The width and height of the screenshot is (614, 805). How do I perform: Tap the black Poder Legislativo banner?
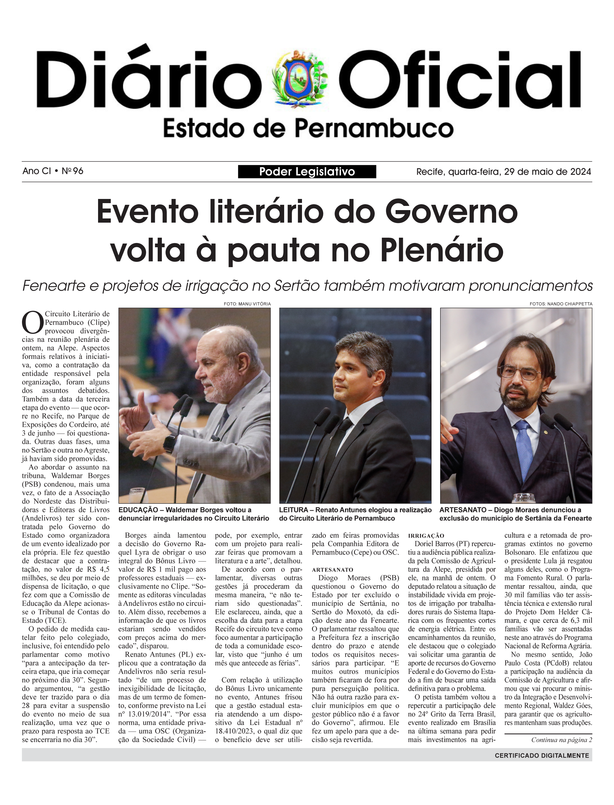point(307,171)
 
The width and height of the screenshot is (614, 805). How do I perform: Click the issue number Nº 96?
point(72,171)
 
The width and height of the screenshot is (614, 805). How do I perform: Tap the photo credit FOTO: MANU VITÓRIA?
point(247,304)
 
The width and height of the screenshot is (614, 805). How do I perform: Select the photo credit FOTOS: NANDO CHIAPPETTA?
point(561,304)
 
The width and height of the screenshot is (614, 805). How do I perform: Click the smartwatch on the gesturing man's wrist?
point(169,443)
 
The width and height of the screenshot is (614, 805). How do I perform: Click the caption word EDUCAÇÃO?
point(138,510)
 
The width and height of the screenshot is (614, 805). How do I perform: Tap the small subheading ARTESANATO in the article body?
point(332,570)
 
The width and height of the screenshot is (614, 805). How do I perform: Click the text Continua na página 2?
point(561,740)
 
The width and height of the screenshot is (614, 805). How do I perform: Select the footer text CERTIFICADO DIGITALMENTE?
point(542,755)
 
